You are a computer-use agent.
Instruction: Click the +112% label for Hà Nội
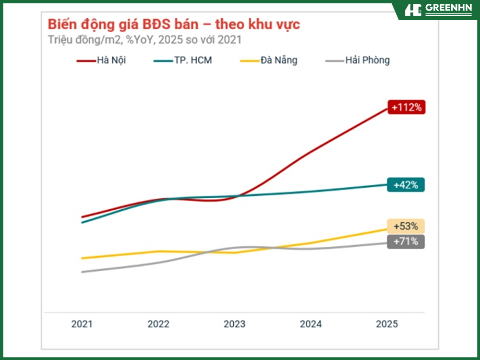point(406,108)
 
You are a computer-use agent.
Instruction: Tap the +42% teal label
point(406,185)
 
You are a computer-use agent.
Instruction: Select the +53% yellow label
point(406,226)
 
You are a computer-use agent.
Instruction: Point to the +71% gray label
point(406,241)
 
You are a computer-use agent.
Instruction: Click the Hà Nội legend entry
point(102,60)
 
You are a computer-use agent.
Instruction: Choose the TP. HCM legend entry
point(183,60)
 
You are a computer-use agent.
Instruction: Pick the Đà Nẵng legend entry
point(269,60)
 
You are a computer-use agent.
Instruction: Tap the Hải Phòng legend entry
point(358,60)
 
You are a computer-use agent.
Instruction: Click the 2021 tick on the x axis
point(82,324)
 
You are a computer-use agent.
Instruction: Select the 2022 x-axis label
point(158,324)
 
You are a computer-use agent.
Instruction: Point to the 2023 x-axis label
point(234,324)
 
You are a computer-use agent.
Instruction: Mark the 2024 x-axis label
point(311,324)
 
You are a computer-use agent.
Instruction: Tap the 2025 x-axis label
point(387,324)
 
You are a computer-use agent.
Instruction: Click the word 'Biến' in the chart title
point(62,24)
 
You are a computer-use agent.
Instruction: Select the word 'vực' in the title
point(287,24)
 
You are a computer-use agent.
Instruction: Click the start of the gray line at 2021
point(83,272)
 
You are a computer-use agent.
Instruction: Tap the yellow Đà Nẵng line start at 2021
point(83,258)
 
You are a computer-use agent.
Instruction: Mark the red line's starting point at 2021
point(83,217)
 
